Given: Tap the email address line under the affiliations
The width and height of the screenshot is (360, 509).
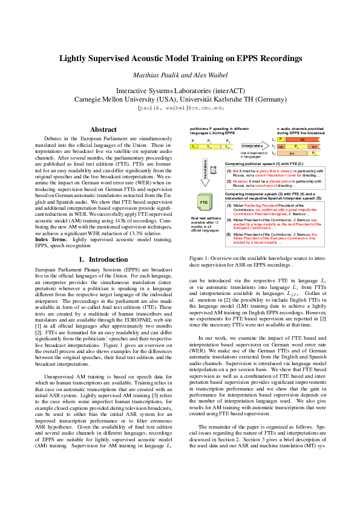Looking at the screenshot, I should coord(180,107).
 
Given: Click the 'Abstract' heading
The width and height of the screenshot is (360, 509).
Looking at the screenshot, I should coord(103,129).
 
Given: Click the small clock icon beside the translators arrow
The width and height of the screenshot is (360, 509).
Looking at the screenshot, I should coord(214,164).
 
